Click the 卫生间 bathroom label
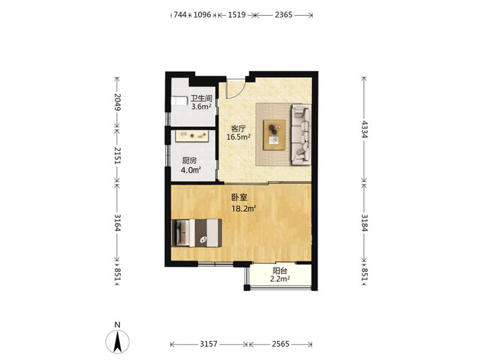201,98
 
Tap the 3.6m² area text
201,107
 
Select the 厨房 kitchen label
189,160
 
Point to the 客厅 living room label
238,129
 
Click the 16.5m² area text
238,137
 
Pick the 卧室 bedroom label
239,197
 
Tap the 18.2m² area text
244,209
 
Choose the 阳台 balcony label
280,271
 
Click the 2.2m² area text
280,279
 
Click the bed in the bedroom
197,233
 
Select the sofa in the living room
301,134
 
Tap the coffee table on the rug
274,135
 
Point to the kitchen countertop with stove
192,136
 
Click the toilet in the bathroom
179,101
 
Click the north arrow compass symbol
117,341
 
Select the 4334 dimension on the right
365,129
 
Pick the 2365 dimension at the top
283,14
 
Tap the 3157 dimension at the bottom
208,344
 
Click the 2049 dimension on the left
117,102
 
